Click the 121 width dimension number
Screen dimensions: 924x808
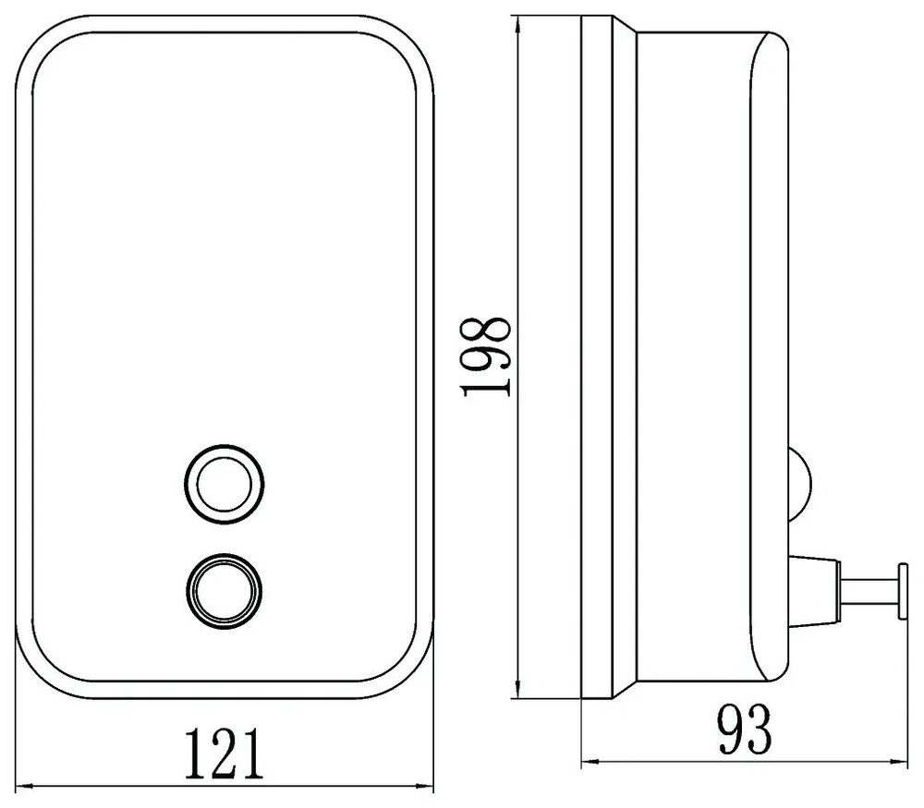[225, 754]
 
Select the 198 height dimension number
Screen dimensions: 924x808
[487, 356]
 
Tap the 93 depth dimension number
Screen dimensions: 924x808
[745, 729]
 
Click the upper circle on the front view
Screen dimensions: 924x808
[224, 485]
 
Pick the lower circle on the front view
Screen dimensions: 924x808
[224, 592]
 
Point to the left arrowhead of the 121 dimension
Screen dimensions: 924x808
[24, 786]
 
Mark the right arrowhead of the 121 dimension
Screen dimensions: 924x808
[424, 786]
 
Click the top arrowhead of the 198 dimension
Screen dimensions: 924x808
[517, 27]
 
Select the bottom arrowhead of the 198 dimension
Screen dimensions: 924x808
[517, 689]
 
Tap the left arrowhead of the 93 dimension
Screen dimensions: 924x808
[590, 762]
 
